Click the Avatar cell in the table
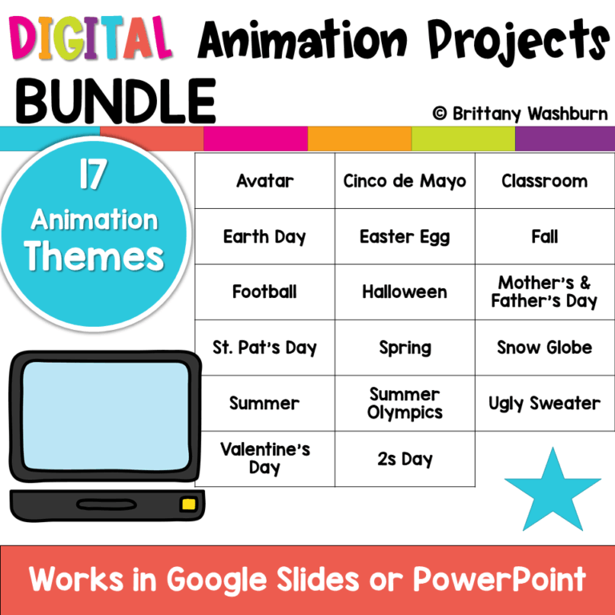coord(264,181)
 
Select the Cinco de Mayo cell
coord(404,181)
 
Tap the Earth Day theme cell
coord(264,237)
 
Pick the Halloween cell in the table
coord(404,292)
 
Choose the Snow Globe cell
coord(545,348)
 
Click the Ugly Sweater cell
coord(545,404)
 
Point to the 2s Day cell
coord(404,460)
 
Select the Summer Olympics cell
coord(404,404)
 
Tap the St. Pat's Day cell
coord(264,348)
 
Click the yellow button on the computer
coord(189,504)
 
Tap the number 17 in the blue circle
coord(94,177)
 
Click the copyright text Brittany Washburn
coord(520,114)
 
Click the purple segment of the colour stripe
coord(565,139)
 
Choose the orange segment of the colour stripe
coord(360,139)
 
